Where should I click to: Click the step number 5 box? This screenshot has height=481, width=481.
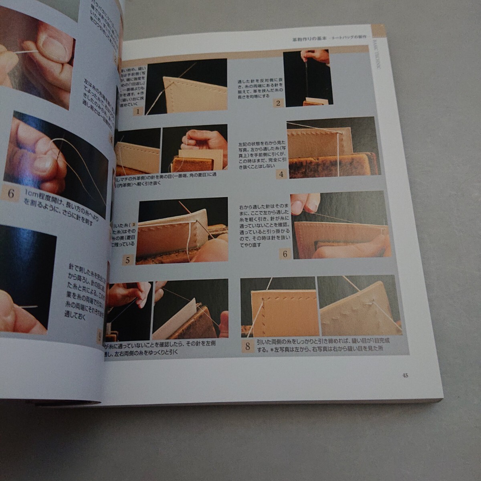[x=127, y=260]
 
